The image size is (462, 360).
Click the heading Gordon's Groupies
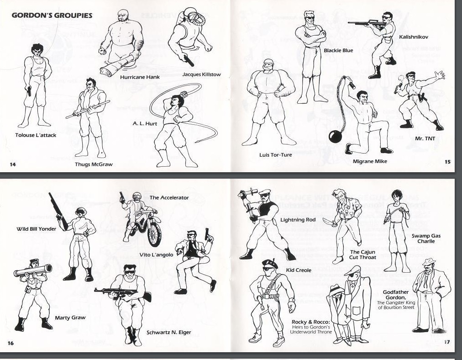tap(52, 16)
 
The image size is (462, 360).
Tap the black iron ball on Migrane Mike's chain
tap(335, 137)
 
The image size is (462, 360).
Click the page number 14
tap(13, 164)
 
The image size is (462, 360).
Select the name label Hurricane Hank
tap(140, 77)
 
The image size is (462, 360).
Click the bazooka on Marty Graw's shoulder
tap(33, 270)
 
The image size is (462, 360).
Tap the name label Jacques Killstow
tap(201, 74)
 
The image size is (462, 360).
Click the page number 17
tap(447, 342)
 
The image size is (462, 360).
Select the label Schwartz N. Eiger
tap(169, 332)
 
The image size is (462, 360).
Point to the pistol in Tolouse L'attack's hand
tap(29, 91)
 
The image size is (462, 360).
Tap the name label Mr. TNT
tap(425, 138)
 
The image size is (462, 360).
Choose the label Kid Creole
tap(299, 270)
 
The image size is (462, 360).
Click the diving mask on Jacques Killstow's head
tap(194, 17)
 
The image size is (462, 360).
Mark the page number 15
tap(447, 162)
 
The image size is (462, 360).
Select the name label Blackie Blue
tap(338, 50)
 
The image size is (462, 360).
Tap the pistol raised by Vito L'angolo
tap(207, 234)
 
